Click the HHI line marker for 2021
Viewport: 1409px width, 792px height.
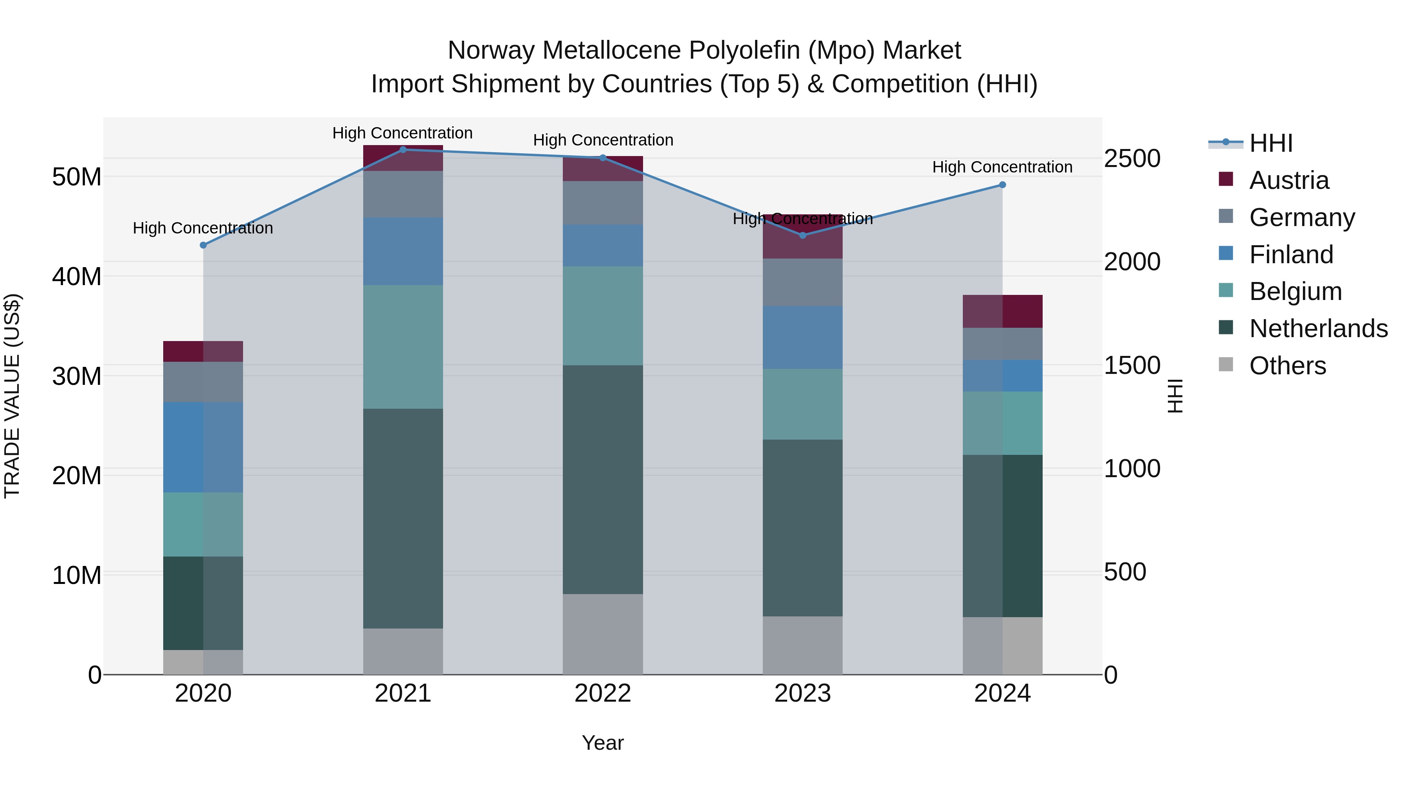point(403,149)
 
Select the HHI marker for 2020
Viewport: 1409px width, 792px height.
point(203,245)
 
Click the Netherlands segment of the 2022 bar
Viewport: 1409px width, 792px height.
point(603,480)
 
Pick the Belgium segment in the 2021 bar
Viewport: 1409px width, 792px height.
point(403,347)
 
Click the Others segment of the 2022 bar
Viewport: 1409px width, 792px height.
point(603,634)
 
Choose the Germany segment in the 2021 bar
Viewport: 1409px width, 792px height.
point(403,194)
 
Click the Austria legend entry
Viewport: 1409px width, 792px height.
point(1289,180)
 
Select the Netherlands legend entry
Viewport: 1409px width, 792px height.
point(1318,329)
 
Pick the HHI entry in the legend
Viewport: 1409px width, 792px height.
point(1270,143)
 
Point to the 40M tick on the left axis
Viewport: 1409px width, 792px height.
point(77,277)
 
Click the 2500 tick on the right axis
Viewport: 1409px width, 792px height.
point(1132,158)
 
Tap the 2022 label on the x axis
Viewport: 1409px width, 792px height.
point(603,693)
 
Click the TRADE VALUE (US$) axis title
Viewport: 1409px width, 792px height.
point(12,396)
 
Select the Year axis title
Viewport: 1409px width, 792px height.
point(603,743)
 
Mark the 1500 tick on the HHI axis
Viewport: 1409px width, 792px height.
point(1132,365)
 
